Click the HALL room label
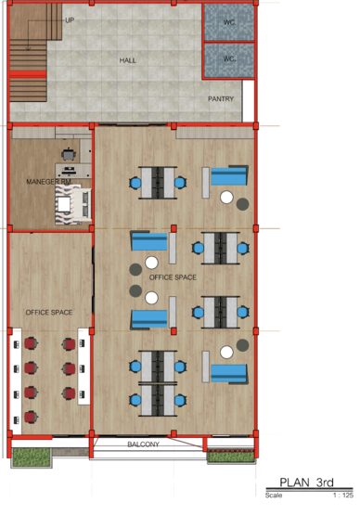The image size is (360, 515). (x=127, y=60)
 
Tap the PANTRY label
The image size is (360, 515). (x=221, y=99)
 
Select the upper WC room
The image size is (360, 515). (x=229, y=22)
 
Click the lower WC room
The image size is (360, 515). (x=229, y=60)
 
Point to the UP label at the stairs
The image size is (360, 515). (x=70, y=20)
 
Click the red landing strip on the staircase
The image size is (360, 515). (x=28, y=74)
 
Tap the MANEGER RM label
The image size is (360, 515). (x=49, y=182)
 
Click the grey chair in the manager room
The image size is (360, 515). (x=69, y=154)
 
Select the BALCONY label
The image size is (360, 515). (x=143, y=444)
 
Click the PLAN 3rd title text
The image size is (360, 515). (x=306, y=483)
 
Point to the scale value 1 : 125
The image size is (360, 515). (x=343, y=495)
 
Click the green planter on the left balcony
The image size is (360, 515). (x=32, y=457)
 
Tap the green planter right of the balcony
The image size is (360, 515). (x=231, y=457)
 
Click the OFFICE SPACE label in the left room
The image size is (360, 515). (x=49, y=313)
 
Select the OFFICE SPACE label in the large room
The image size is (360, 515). (x=173, y=277)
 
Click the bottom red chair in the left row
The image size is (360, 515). (x=31, y=418)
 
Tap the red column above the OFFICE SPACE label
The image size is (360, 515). (x=174, y=228)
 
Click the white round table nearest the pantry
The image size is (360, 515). (x=226, y=198)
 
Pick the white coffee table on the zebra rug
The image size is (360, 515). (x=64, y=204)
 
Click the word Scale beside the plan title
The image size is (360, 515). (x=274, y=495)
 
